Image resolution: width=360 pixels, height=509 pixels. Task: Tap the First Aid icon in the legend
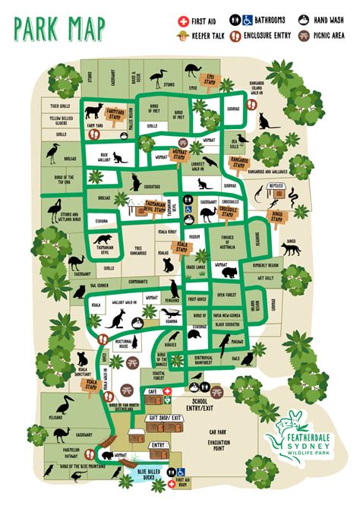(x=182, y=21)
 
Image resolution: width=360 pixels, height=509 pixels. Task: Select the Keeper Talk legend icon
(x=182, y=36)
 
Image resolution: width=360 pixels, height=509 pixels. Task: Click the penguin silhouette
(x=175, y=288)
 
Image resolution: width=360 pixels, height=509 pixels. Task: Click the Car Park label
(x=219, y=431)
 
